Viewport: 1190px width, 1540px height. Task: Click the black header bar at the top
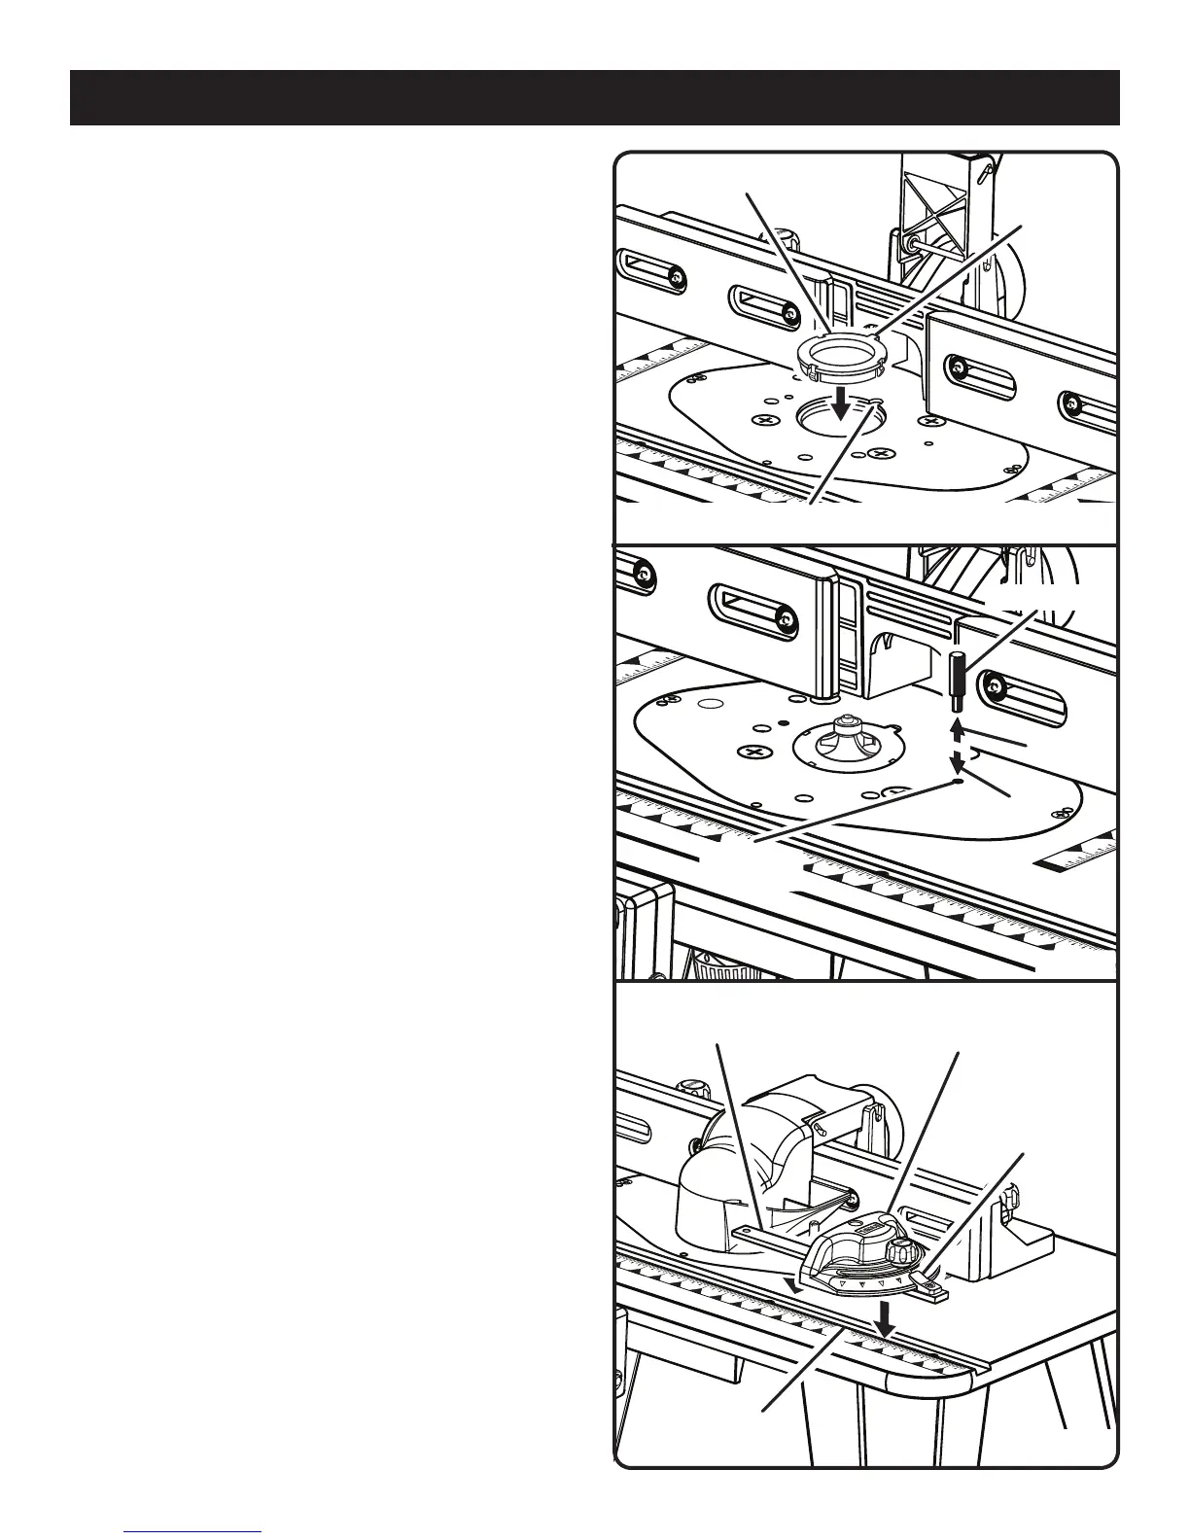pyautogui.click(x=594, y=97)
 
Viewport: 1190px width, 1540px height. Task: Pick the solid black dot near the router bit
pyautogui.click(x=783, y=723)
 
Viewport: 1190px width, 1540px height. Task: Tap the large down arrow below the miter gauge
pyautogui.click(x=885, y=1320)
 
